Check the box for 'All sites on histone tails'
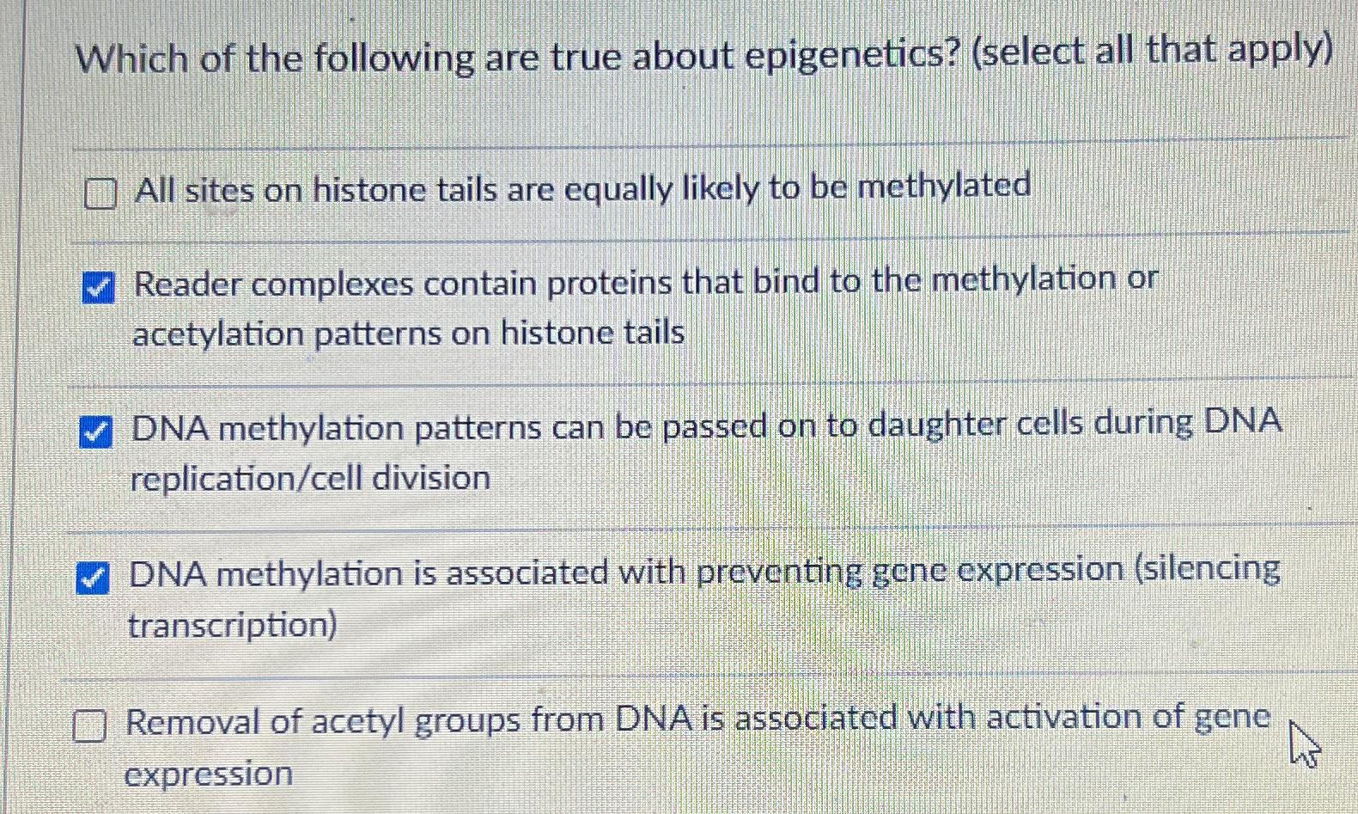click(100, 193)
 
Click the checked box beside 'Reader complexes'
click(98, 287)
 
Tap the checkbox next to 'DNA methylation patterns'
click(95, 431)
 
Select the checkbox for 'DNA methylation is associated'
click(93, 578)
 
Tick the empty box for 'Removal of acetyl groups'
click(89, 725)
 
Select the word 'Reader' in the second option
click(187, 284)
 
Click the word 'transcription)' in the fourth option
click(233, 625)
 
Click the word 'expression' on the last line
click(209, 774)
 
